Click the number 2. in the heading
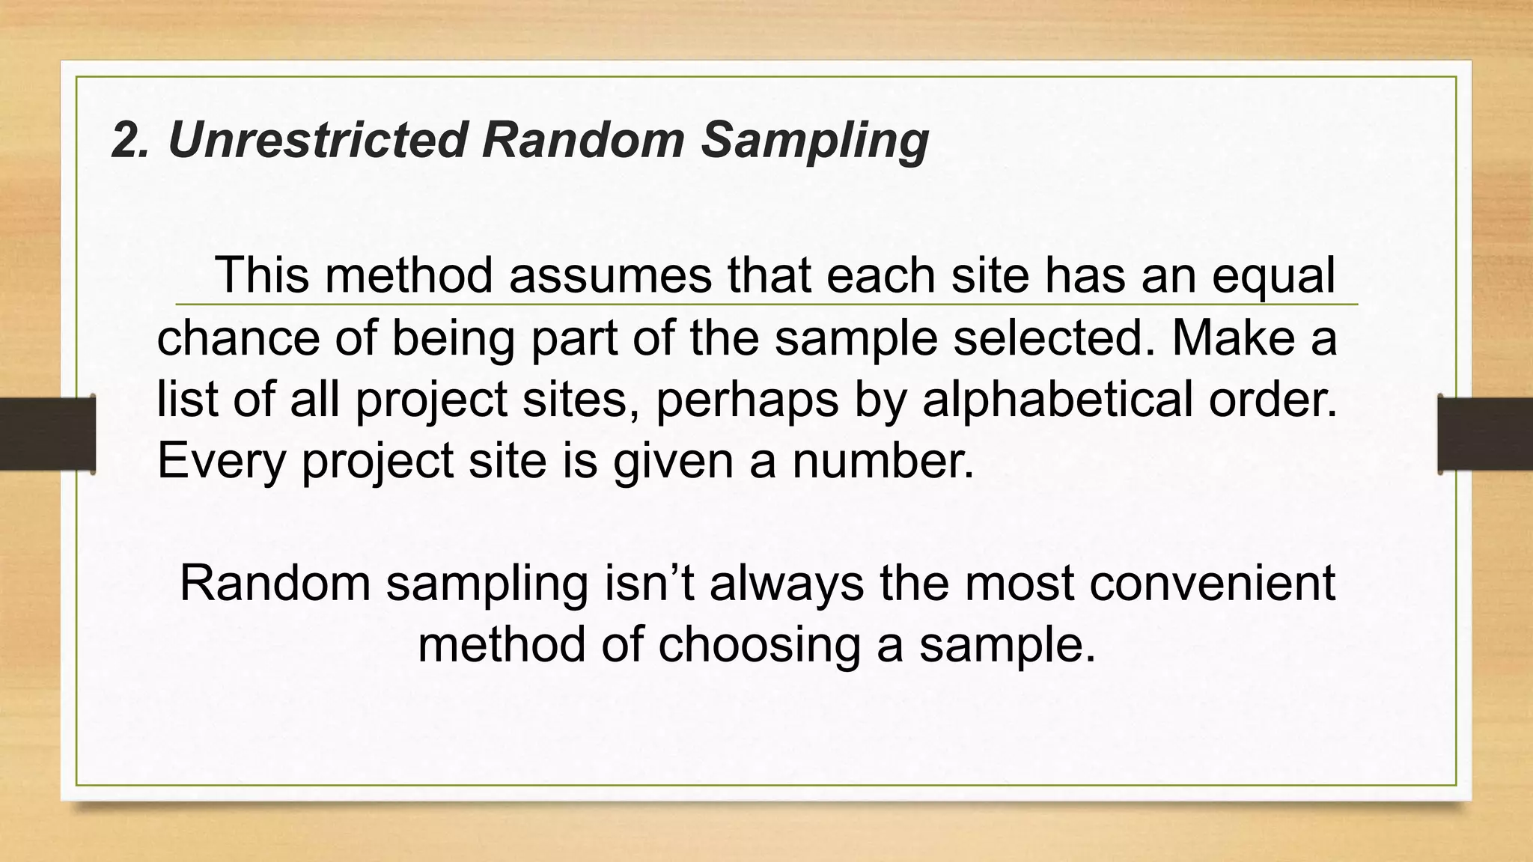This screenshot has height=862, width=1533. pyautogui.click(x=129, y=140)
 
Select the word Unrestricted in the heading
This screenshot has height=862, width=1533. pyautogui.click(x=318, y=140)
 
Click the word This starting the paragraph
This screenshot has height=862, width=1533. pyautogui.click(x=262, y=275)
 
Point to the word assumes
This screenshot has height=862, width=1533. pyautogui.click(x=610, y=275)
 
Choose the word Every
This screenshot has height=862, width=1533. pyautogui.click(x=222, y=461)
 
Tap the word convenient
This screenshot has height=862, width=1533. pyautogui.click(x=1212, y=584)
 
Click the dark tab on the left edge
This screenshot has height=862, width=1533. pyautogui.click(x=47, y=434)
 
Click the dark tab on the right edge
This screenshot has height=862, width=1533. pyautogui.click(x=1485, y=434)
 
